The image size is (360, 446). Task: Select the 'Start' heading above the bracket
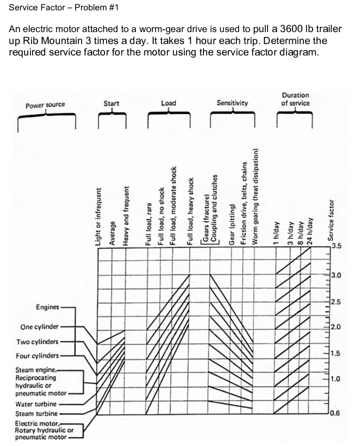[111, 103]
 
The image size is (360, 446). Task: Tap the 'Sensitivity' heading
[232, 102]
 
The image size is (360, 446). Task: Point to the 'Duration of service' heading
[295, 99]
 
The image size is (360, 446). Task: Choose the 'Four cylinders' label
[38, 355]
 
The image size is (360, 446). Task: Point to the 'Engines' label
[47, 307]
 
